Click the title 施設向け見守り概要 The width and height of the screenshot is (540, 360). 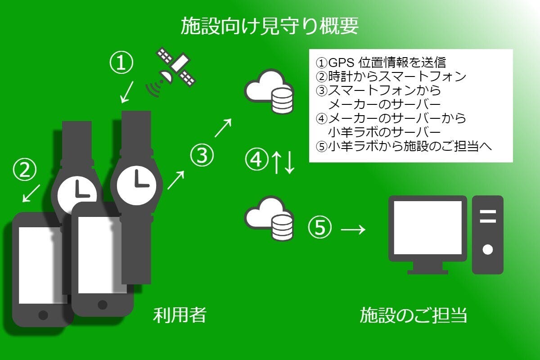[x=270, y=26]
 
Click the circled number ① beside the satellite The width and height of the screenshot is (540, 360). [x=122, y=63]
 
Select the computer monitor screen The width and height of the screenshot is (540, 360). [x=427, y=228]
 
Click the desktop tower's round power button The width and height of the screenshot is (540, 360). [x=487, y=249]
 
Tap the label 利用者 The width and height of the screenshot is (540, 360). [x=180, y=315]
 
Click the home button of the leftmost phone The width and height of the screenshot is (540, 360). [x=43, y=314]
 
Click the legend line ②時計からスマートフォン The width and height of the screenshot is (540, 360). [x=391, y=76]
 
